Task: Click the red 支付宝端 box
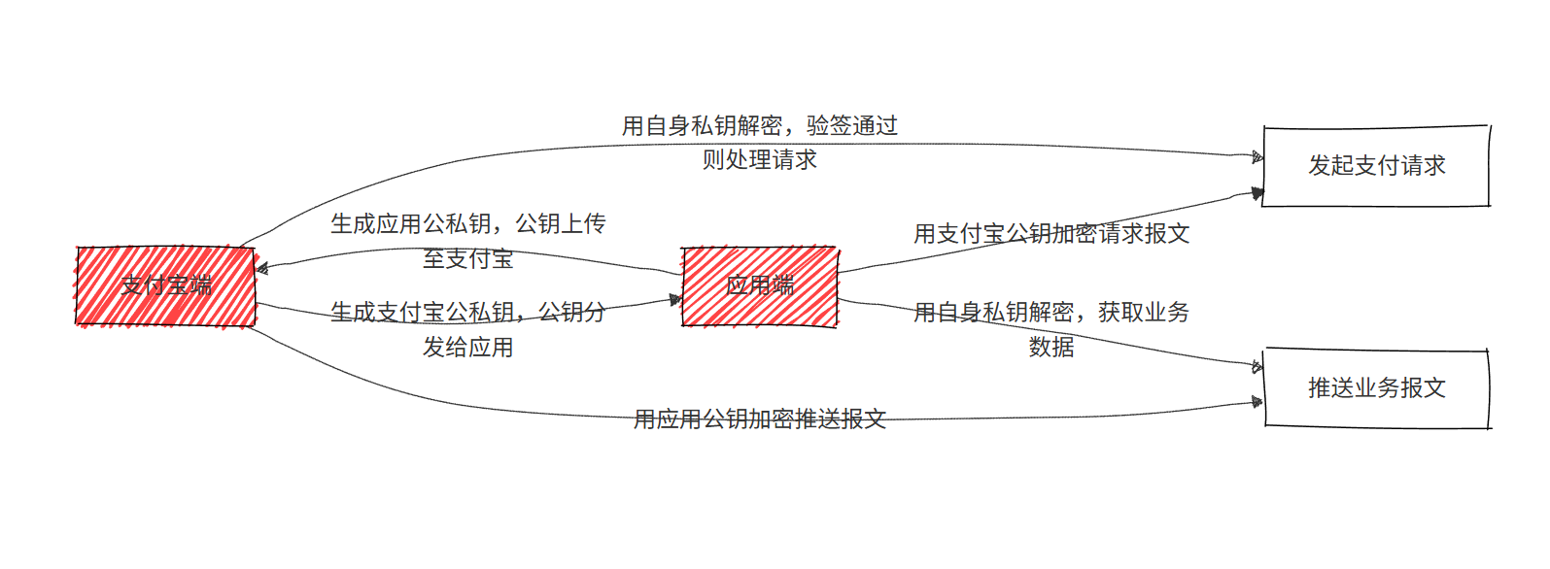pyautogui.click(x=165, y=286)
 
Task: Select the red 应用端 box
pyautogui.click(x=760, y=286)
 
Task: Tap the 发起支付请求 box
pyautogui.click(x=1376, y=166)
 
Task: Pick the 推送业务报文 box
pyautogui.click(x=1376, y=388)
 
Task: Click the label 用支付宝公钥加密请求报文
pyautogui.click(x=1051, y=234)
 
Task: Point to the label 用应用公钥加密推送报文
pyautogui.click(x=760, y=419)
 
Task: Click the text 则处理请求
pyautogui.click(x=760, y=160)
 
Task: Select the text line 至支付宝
pyautogui.click(x=467, y=259)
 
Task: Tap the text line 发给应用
pyautogui.click(x=467, y=348)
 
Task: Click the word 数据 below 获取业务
pyautogui.click(x=1051, y=348)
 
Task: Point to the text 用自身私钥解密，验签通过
pyautogui.click(x=760, y=126)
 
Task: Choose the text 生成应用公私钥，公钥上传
pyautogui.click(x=467, y=224)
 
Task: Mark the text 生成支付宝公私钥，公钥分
pyautogui.click(x=467, y=313)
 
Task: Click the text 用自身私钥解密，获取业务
pyautogui.click(x=1051, y=313)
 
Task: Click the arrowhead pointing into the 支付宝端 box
pyautogui.click(x=262, y=269)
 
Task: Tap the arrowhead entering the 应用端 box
pyautogui.click(x=676, y=300)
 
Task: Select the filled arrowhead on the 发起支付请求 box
pyautogui.click(x=1257, y=194)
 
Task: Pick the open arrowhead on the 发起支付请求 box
pyautogui.click(x=1257, y=157)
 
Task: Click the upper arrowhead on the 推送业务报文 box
pyautogui.click(x=1257, y=367)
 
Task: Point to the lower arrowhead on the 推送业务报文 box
pyautogui.click(x=1257, y=401)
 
